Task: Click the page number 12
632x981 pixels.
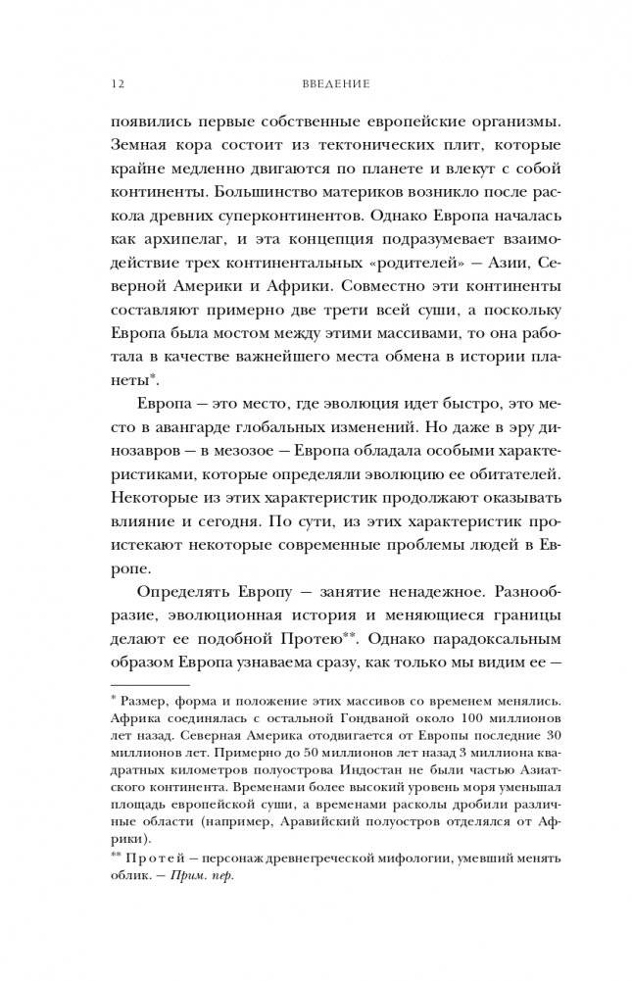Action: click(x=117, y=85)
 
